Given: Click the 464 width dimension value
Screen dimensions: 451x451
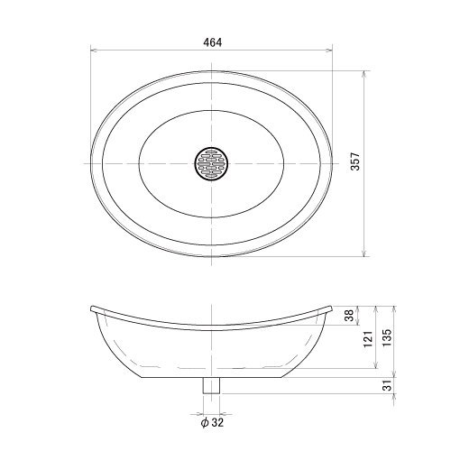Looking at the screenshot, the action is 213,42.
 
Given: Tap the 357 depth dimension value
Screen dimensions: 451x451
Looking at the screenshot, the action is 355,161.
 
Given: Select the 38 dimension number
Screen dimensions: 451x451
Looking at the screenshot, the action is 349,316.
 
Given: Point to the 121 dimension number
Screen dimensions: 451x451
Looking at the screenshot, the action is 368,339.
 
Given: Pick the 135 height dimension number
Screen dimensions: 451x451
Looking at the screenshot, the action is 387,337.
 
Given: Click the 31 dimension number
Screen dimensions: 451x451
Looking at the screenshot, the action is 389,385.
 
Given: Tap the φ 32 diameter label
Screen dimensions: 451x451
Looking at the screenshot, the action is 212,423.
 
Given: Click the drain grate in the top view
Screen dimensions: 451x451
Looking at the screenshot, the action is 211,163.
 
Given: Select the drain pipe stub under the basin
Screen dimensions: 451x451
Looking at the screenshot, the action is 211,385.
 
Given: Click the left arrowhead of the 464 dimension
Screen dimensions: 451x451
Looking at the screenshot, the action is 93,51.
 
